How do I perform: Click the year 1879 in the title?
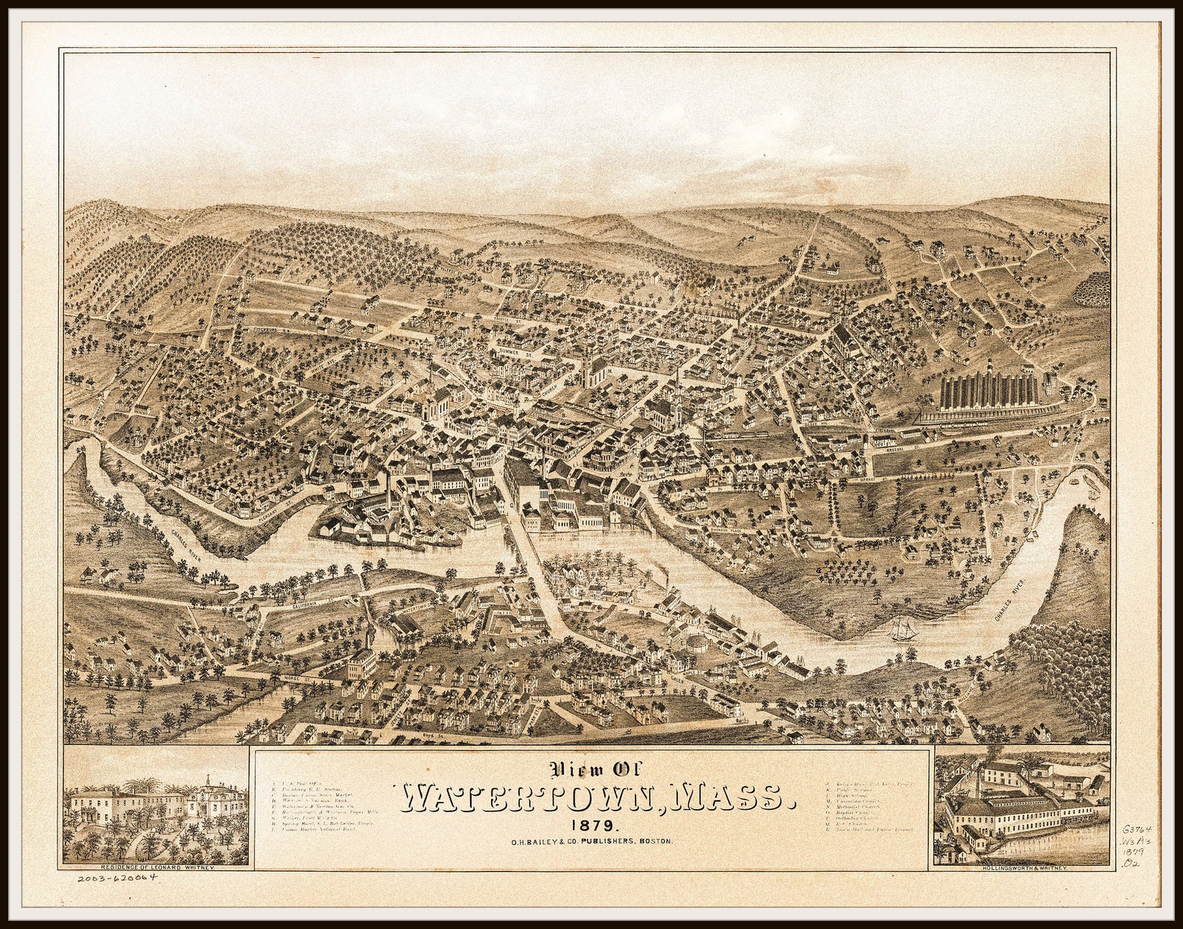[593, 826]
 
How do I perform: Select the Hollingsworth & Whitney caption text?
[1023, 869]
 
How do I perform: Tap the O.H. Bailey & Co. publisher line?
[591, 841]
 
